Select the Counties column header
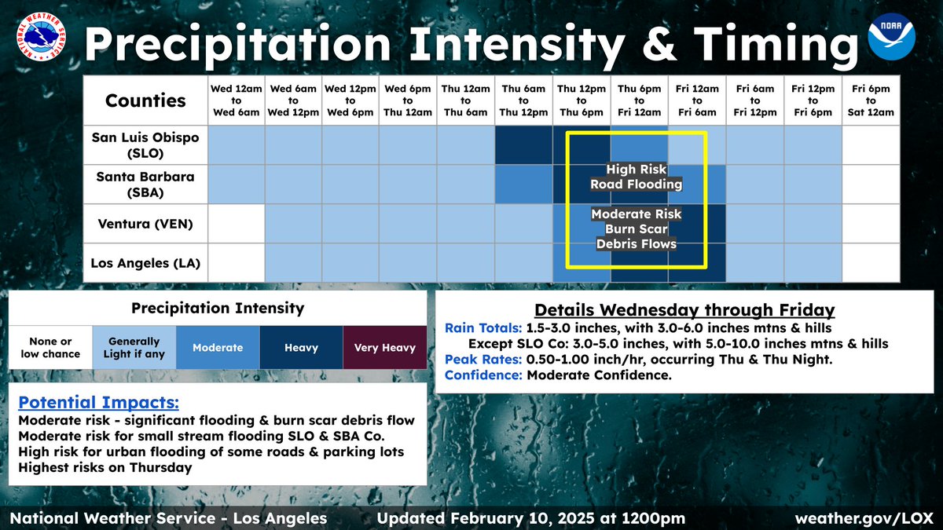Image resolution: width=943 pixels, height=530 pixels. click(x=145, y=101)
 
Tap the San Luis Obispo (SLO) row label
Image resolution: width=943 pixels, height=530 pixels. click(x=145, y=144)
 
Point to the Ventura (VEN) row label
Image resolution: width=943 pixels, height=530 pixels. click(x=145, y=224)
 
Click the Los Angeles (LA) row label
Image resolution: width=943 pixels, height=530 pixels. click(x=145, y=263)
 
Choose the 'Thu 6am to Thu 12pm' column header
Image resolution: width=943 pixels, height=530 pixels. click(x=523, y=101)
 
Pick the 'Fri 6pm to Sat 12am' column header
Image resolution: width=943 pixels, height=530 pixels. click(x=871, y=101)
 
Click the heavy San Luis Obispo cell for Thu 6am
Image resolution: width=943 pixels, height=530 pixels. click(x=523, y=144)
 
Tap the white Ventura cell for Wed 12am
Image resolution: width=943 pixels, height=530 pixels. click(x=237, y=224)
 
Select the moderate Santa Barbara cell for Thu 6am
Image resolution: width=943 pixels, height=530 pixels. click(x=523, y=185)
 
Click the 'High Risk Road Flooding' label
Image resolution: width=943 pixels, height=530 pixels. click(x=637, y=177)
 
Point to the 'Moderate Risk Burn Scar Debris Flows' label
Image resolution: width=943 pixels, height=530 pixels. click(x=637, y=228)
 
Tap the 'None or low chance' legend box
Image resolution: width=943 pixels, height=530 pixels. click(x=50, y=348)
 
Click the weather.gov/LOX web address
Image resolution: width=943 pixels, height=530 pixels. click(x=863, y=518)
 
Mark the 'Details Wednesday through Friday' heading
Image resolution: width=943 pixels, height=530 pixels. click(x=684, y=309)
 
